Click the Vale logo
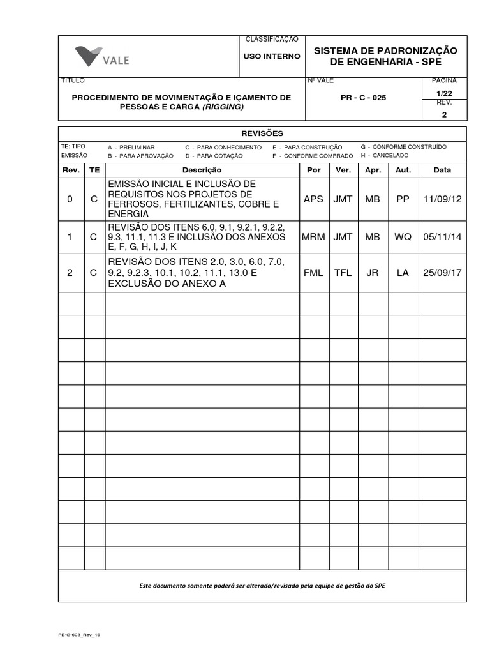tap(102, 57)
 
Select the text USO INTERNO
tap(272, 56)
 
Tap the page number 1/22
tap(445, 93)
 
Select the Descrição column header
tap(202, 170)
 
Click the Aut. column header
tap(403, 170)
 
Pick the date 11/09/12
tap(442, 199)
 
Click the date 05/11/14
tap(442, 236)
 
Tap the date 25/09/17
tap(442, 273)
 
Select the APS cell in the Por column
tap(313, 199)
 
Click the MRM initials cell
tap(313, 236)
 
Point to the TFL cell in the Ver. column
tap(343, 273)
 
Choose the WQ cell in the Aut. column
tap(403, 236)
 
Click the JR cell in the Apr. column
tap(373, 273)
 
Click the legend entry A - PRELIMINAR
tap(131, 147)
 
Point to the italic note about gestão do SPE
tap(262, 586)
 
